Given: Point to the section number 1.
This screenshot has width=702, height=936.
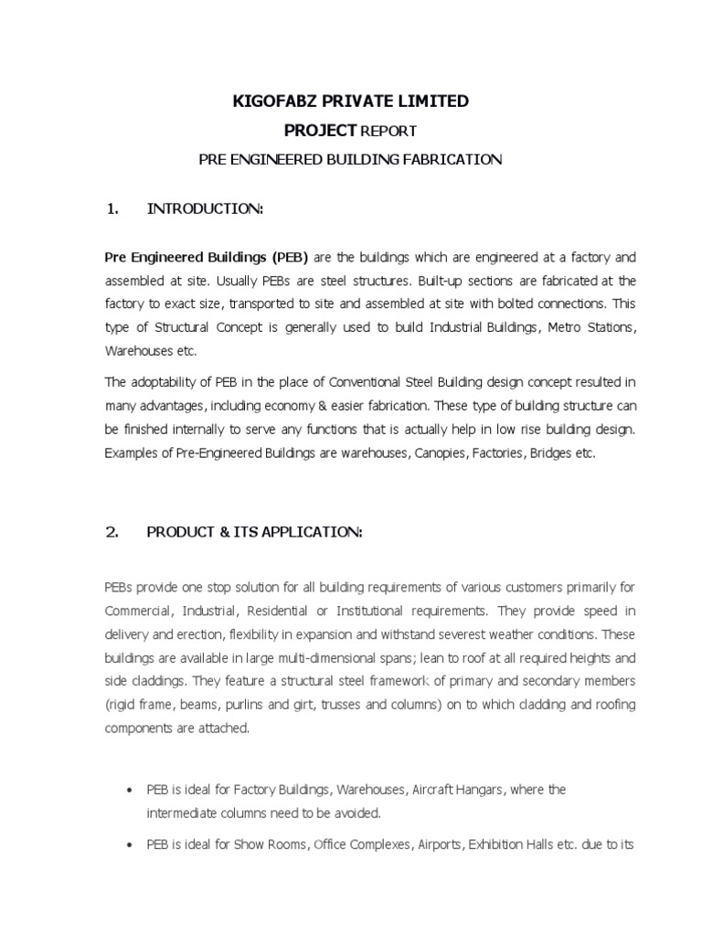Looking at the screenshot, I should (113, 209).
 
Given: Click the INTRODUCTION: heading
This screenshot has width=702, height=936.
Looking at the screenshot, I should (206, 209).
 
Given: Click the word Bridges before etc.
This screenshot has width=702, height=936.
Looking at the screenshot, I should (548, 453).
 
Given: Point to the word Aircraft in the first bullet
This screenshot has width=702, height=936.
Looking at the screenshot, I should (407, 789).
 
